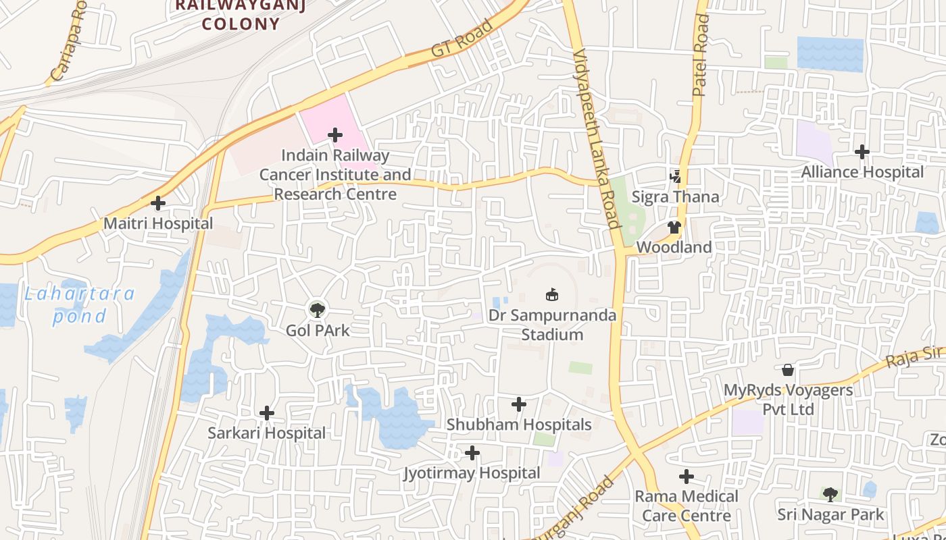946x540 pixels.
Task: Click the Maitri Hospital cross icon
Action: [x=158, y=203]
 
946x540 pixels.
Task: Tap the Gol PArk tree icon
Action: [x=316, y=310]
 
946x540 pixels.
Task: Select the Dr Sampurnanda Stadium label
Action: [x=553, y=325]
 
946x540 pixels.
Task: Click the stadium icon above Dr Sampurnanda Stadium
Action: [x=552, y=295]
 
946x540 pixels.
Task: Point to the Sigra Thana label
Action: [x=675, y=197]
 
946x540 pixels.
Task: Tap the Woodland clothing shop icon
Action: [x=674, y=227]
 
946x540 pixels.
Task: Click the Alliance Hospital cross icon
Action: [x=862, y=152]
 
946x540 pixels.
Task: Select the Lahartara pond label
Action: [x=80, y=305]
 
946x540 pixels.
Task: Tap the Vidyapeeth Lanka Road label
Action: [x=595, y=138]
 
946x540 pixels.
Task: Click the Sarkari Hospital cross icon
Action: [x=267, y=413]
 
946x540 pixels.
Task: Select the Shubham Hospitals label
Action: [x=519, y=425]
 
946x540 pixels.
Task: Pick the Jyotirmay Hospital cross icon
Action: [x=472, y=453]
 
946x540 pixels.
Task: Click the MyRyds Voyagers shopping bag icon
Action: [x=788, y=370]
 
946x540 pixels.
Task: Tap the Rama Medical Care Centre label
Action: [x=686, y=506]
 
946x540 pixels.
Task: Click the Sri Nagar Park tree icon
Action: [x=830, y=494]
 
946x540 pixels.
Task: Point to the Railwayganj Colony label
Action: [x=241, y=15]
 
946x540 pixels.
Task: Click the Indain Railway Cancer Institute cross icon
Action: [x=335, y=135]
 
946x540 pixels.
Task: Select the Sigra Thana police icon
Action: [x=675, y=177]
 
